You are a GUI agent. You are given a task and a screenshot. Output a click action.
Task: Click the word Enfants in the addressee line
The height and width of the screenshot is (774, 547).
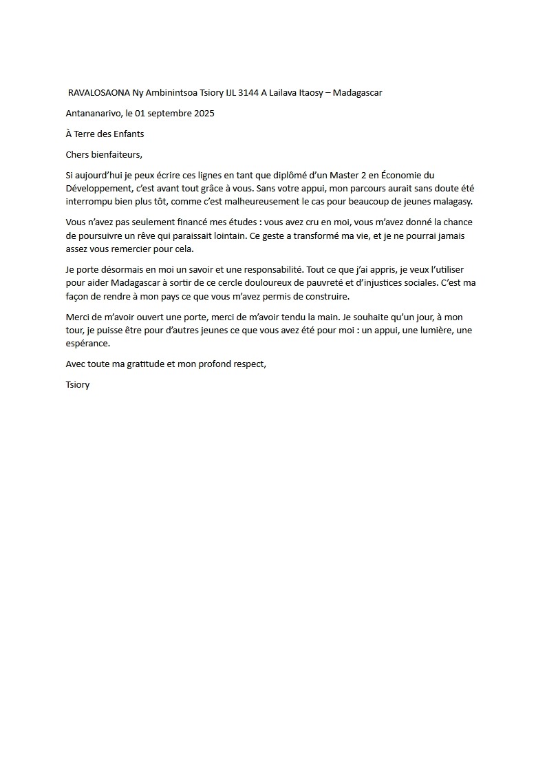pyautogui.click(x=127, y=134)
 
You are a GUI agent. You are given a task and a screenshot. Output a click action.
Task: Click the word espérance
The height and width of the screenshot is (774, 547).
pyautogui.click(x=87, y=344)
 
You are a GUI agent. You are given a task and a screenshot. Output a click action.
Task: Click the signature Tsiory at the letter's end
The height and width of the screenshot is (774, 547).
pyautogui.click(x=78, y=385)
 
